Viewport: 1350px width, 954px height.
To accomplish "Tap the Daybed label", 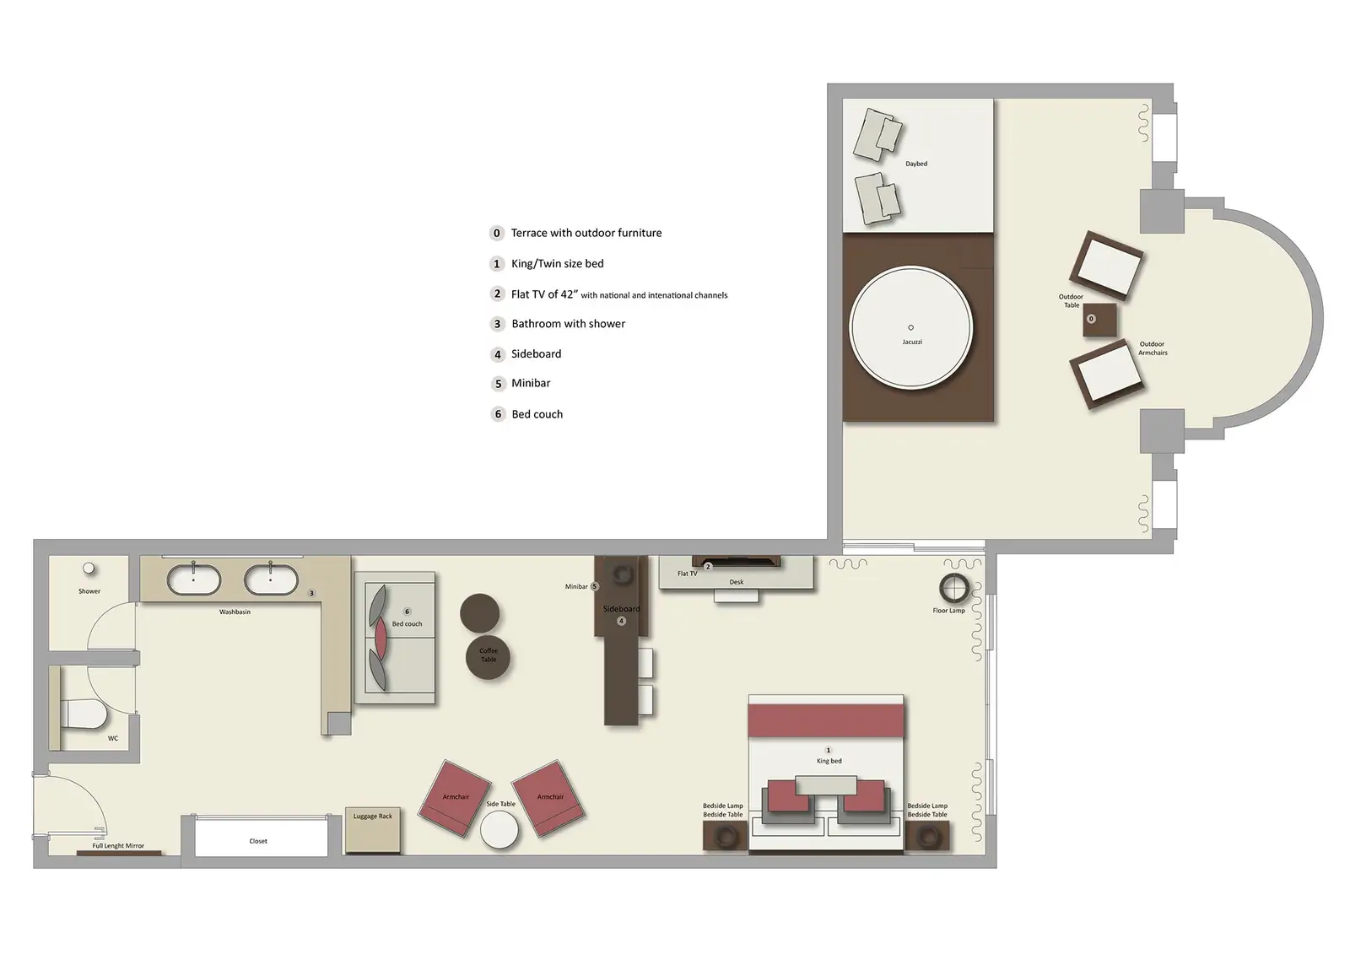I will [916, 164].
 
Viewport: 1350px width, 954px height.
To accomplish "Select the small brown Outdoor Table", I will [1099, 320].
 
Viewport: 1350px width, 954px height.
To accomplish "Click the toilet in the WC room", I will [84, 715].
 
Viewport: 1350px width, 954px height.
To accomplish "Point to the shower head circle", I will [89, 569].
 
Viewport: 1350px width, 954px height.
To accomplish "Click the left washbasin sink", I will [194, 579].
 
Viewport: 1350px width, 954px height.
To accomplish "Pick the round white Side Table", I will [499, 830].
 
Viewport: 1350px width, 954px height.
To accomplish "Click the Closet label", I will [258, 841].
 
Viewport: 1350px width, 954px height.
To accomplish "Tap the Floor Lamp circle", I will [953, 587].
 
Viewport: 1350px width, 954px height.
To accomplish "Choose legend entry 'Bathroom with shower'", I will [568, 324].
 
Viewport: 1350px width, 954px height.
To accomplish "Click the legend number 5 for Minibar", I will [498, 384].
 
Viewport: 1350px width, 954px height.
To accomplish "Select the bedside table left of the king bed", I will [725, 836].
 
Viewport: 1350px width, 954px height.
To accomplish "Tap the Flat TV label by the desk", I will [687, 574].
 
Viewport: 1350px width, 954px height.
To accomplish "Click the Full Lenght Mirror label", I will [118, 845].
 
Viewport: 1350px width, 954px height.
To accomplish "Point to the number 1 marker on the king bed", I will [828, 750].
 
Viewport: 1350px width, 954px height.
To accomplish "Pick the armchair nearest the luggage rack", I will [456, 799].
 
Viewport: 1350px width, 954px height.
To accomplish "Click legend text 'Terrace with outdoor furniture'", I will [586, 233].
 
